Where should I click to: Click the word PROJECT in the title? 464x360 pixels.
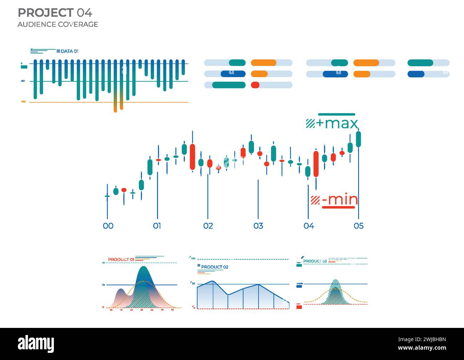[45, 13]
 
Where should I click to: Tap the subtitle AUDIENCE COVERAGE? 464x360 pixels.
[57, 24]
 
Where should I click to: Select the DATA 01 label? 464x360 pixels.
[69, 51]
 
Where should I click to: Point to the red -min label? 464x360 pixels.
[339, 199]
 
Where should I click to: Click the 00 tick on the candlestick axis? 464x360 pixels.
[108, 226]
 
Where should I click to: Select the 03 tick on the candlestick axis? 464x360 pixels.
[258, 226]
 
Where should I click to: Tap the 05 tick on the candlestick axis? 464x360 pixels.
[358, 226]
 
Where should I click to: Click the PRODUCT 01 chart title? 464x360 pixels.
[121, 259]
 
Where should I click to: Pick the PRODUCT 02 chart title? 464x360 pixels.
[215, 267]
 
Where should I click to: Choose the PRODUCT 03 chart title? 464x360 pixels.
[315, 261]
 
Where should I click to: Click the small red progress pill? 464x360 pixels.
[255, 85]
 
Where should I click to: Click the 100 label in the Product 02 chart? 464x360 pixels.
[193, 258]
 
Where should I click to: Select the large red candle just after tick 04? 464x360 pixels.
[316, 164]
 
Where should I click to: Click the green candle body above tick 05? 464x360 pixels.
[358, 139]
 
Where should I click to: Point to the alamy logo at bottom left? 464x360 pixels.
[36, 344]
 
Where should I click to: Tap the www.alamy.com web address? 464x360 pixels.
[422, 348]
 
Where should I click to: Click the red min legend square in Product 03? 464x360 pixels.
[299, 307]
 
